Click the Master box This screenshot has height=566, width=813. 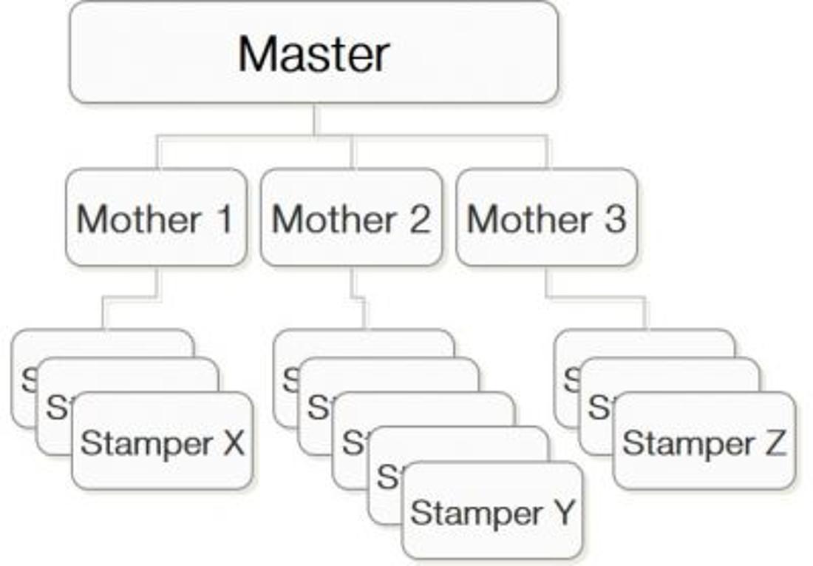tap(313, 52)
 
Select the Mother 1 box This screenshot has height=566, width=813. tap(155, 218)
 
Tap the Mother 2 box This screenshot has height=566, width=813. tap(351, 218)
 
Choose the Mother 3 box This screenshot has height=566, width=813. tap(546, 218)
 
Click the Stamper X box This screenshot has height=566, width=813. tap(162, 442)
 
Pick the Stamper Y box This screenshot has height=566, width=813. tap(492, 511)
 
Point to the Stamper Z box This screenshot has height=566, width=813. tap(704, 442)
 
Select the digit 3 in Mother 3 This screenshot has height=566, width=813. tap(614, 218)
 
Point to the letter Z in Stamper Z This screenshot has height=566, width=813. tap(774, 442)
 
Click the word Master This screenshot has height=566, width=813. tap(313, 53)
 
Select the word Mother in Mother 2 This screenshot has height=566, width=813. tap(333, 219)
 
